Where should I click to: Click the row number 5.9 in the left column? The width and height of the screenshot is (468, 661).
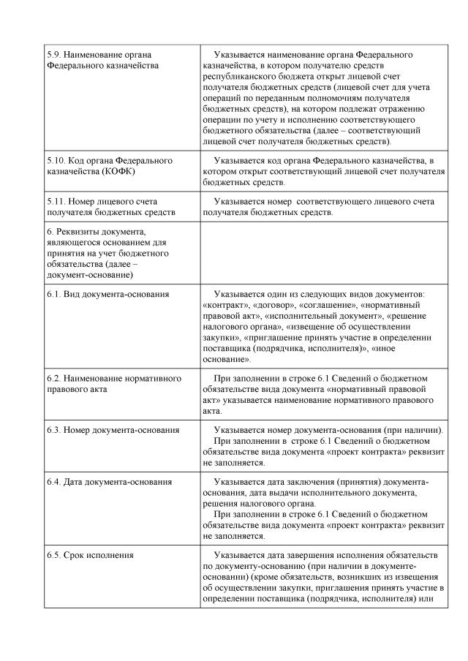pyautogui.click(x=54, y=55)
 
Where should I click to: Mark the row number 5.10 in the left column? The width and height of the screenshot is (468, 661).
pyautogui.click(x=56, y=159)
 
